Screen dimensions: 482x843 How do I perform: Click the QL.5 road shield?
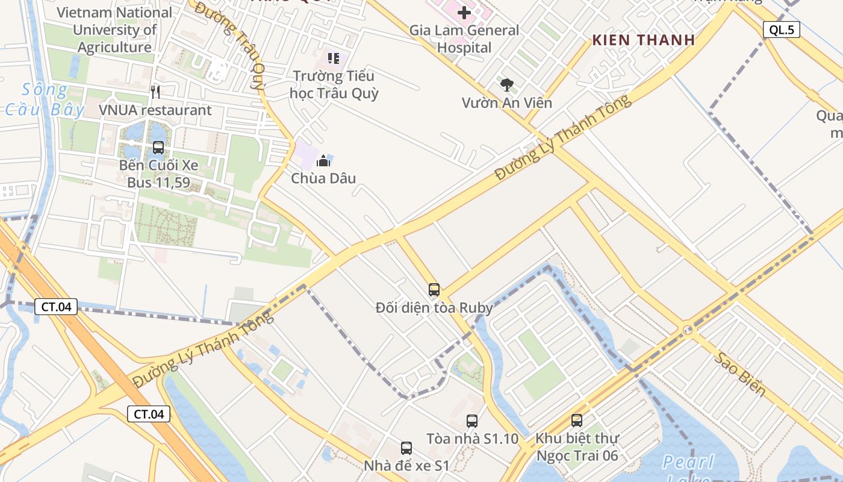tap(781, 30)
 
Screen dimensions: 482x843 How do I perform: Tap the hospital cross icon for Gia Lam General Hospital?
tap(464, 12)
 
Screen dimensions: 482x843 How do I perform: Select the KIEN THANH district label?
tap(644, 40)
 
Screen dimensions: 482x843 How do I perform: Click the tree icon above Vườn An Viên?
tap(507, 85)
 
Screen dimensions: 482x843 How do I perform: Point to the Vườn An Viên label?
tap(507, 103)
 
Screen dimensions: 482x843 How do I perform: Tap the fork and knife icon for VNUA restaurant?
tap(155, 92)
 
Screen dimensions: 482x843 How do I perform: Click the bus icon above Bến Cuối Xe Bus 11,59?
tap(158, 147)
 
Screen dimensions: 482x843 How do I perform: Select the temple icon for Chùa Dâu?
tap(323, 161)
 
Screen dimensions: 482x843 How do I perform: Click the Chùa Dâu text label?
tap(323, 178)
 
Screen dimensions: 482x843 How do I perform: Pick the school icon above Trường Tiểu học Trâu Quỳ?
tap(334, 58)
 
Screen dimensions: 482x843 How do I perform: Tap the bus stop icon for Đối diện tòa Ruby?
tap(434, 290)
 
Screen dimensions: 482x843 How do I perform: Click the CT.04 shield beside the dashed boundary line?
tap(56, 307)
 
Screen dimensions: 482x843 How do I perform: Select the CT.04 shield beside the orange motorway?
tap(149, 414)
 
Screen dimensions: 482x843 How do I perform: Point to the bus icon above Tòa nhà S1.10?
tap(472, 421)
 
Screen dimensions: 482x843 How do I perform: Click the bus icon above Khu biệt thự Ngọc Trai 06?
tap(577, 421)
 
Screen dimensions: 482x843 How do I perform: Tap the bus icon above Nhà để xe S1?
tap(406, 448)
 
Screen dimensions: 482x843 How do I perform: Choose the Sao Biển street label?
tap(740, 374)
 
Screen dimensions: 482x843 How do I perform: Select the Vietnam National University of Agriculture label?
tap(114, 30)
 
